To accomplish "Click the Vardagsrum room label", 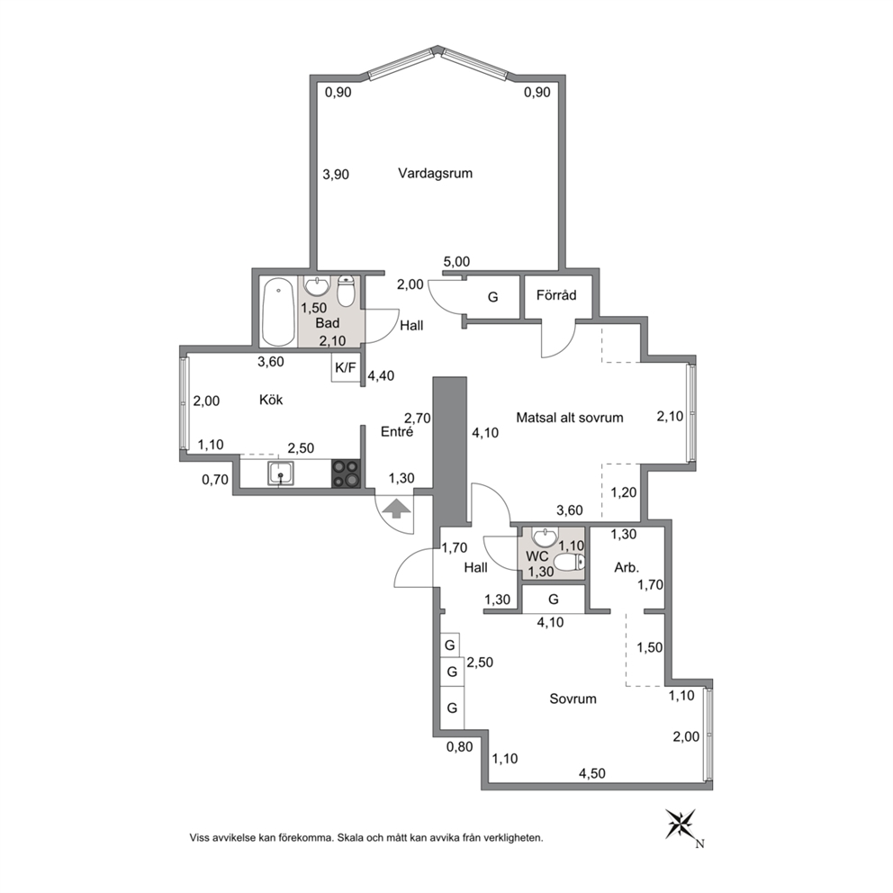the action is [435, 174].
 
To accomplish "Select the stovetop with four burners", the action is [347, 474].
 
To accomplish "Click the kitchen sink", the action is [281, 474].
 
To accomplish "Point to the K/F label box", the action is [346, 368].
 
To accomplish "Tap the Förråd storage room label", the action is [556, 295].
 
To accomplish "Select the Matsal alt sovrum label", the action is [570, 418].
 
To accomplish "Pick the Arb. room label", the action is [627, 567].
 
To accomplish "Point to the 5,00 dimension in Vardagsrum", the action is [456, 262].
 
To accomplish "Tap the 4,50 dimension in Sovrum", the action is [592, 773].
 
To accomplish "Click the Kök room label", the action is [271, 400].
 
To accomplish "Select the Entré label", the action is [397, 432].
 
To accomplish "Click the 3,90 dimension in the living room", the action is [336, 175].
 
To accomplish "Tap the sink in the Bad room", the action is [316, 285].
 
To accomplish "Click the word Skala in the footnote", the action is [351, 838].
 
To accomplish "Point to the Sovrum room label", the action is [573, 699].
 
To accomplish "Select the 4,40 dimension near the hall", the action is [381, 376].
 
